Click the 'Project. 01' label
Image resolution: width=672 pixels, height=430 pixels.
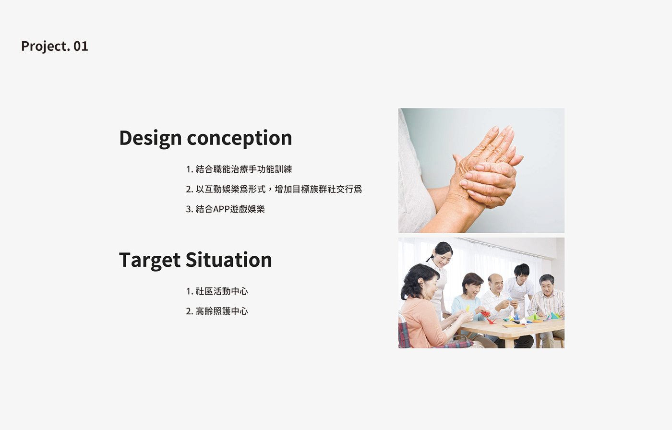[55, 46]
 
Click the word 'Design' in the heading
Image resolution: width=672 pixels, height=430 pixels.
[150, 138]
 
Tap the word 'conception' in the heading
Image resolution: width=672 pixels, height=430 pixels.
[239, 138]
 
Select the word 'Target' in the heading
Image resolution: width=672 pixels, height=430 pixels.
[149, 260]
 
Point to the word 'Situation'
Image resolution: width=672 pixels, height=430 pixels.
[228, 260]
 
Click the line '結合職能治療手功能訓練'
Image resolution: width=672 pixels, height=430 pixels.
[244, 169]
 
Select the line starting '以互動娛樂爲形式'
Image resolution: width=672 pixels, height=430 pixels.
[278, 189]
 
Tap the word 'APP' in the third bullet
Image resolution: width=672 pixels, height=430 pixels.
[221, 209]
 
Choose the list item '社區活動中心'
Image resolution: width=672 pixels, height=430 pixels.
[222, 291]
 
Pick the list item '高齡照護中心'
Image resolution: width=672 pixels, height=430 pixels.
[222, 311]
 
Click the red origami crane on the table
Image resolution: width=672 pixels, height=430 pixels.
[488, 317]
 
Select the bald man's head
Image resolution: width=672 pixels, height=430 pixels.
[495, 283]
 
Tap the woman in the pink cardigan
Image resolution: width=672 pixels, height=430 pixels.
[422, 312]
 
